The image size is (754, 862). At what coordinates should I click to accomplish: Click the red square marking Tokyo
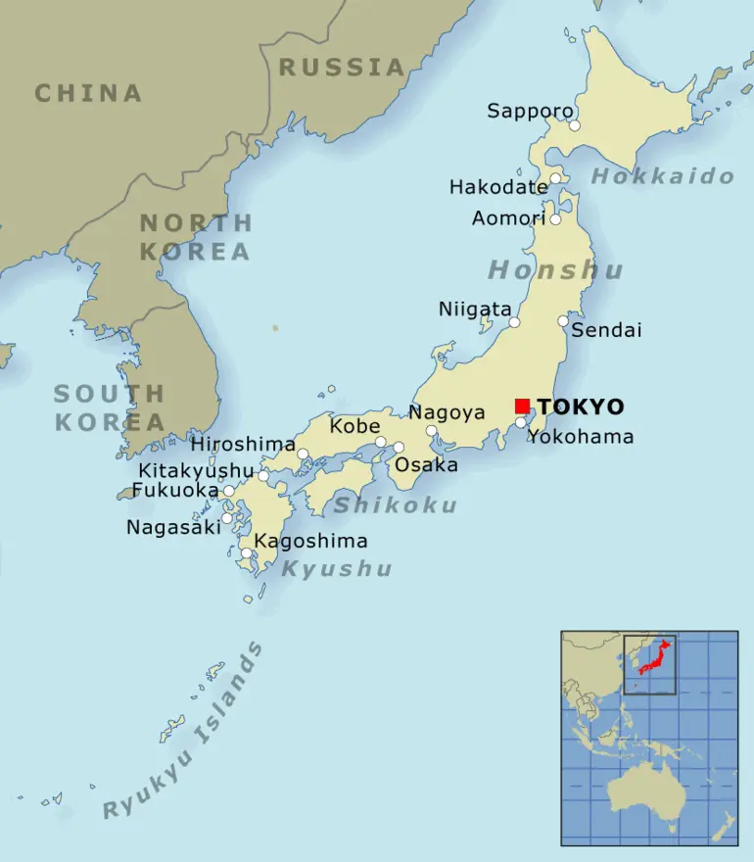[522, 406]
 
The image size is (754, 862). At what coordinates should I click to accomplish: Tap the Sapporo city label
[530, 111]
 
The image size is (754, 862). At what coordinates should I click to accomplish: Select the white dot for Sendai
[563, 320]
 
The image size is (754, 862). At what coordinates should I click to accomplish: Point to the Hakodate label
[498, 186]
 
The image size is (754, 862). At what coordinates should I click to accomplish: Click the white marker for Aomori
[555, 218]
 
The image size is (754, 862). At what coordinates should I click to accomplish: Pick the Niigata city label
[475, 310]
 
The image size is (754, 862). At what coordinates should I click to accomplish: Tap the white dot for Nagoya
[431, 430]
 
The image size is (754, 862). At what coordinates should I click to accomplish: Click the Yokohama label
[581, 437]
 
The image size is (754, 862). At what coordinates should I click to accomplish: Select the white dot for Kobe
[381, 442]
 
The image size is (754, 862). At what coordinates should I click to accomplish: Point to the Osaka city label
[426, 465]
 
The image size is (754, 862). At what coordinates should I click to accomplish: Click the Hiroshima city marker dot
[303, 454]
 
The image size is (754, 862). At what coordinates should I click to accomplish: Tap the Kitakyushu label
[196, 471]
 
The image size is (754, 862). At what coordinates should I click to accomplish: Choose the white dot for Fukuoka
[228, 491]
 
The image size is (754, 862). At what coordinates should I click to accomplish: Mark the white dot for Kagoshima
[246, 553]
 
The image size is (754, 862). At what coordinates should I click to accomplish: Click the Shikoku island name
[395, 505]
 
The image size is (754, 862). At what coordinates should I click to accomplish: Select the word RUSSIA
[342, 67]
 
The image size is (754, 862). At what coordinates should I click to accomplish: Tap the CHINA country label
[88, 93]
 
